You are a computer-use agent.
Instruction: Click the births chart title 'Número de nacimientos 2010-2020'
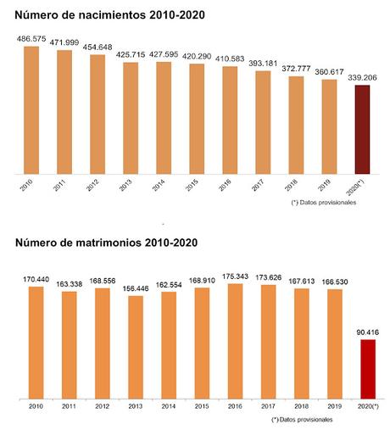(x=108, y=14)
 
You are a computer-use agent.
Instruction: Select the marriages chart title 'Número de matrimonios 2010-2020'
(x=106, y=243)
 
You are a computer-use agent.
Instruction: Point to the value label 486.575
(x=31, y=38)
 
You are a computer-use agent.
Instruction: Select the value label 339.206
(x=363, y=76)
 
